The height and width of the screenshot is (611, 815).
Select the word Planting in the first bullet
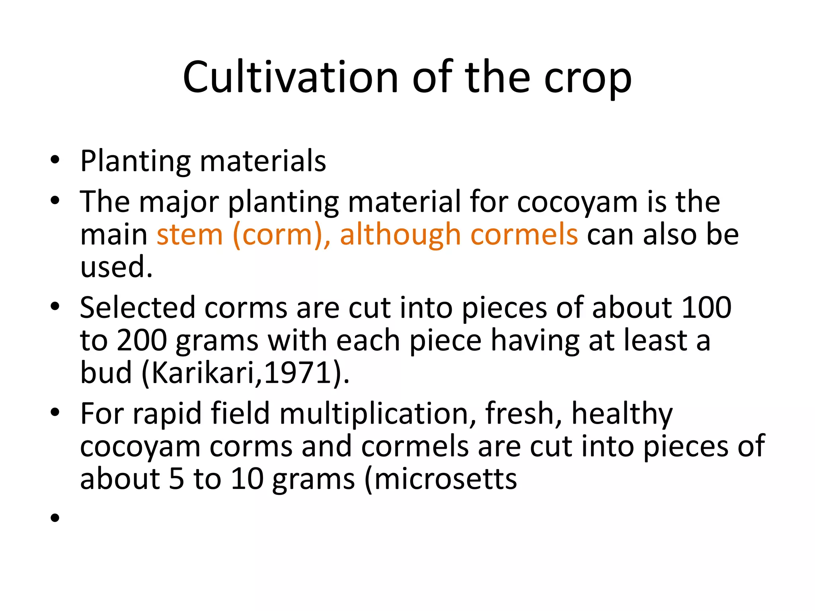(x=135, y=161)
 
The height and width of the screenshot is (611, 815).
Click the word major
(x=179, y=202)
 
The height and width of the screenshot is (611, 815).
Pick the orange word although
(x=400, y=235)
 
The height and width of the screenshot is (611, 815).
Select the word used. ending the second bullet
(x=116, y=267)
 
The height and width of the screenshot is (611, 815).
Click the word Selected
(x=137, y=307)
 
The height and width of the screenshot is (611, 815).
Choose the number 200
(x=142, y=341)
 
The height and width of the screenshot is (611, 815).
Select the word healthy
(x=622, y=414)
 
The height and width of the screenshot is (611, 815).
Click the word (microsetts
(x=441, y=479)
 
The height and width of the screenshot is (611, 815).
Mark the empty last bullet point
(x=55, y=518)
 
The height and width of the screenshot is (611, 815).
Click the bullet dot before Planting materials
(x=55, y=160)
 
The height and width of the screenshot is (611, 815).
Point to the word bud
(x=106, y=373)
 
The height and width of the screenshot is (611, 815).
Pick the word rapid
(x=167, y=414)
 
